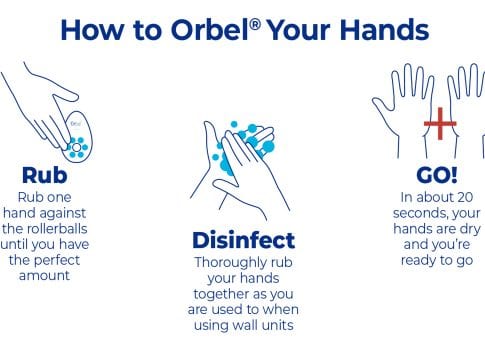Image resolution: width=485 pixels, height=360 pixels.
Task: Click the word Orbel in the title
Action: click(210, 30)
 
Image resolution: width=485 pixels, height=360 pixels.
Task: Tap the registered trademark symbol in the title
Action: click(255, 24)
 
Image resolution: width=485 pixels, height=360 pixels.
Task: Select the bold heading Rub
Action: click(45, 175)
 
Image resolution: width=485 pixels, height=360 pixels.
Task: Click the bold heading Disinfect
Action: click(244, 240)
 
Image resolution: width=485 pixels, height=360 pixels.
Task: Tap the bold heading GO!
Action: click(437, 175)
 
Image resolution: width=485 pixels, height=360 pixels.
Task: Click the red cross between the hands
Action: click(440, 124)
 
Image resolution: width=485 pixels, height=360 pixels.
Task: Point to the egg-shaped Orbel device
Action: click(77, 137)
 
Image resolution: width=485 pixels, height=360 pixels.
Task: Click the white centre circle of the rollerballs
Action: click(77, 147)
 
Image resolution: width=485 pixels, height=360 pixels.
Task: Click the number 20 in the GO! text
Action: click(465, 197)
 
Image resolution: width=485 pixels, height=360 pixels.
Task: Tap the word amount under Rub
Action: click(45, 276)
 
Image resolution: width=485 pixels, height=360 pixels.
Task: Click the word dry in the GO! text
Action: click(470, 229)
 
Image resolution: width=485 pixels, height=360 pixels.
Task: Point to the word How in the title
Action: click(92, 30)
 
